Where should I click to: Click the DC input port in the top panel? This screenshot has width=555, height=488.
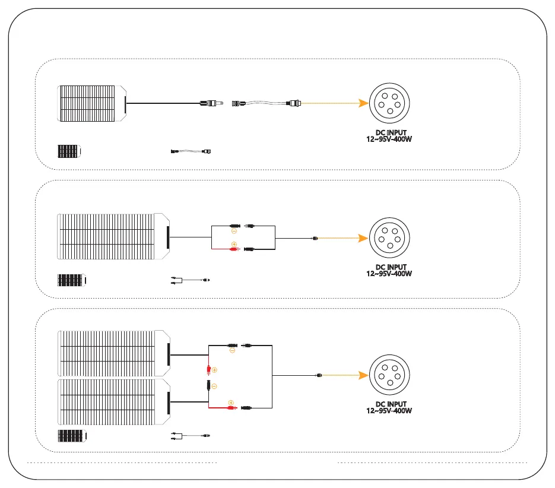389,103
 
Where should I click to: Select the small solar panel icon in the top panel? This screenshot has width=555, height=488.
68,151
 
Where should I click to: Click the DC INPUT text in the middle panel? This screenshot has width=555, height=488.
389,267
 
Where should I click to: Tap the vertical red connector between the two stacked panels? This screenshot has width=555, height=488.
208,370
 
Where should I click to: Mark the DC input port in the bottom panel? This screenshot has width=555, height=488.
389,375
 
